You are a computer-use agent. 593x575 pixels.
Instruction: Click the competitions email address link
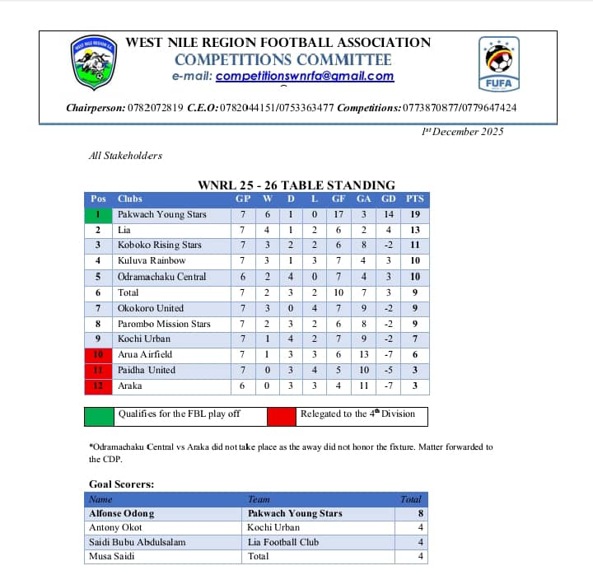[305, 77]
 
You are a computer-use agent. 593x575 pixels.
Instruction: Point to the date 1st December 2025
[462, 131]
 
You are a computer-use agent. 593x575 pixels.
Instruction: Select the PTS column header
[415, 199]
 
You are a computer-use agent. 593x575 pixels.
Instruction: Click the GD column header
[389, 199]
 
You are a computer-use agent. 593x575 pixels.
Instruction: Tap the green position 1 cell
[99, 214]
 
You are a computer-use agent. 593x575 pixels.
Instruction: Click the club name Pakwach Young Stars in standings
[162, 214]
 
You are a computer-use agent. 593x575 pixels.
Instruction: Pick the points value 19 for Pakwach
[415, 214]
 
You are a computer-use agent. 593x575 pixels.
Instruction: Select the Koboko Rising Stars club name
[160, 245]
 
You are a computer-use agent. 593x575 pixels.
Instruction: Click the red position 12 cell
[99, 386]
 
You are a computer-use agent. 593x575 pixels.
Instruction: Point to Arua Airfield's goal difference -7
[389, 354]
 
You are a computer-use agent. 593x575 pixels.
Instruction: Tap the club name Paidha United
[147, 370]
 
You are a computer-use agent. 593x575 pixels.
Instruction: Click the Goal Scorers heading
[122, 484]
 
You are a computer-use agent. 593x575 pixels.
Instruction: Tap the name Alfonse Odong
[121, 513]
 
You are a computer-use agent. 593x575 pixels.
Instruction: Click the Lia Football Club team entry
[280, 542]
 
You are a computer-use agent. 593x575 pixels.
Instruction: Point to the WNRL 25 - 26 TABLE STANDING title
[296, 185]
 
